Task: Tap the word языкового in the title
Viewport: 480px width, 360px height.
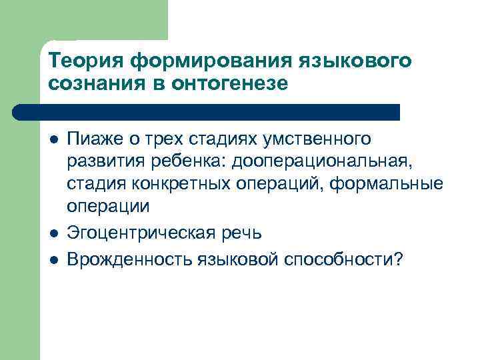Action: (354, 61)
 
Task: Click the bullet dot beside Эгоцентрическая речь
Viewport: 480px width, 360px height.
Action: (53, 233)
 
